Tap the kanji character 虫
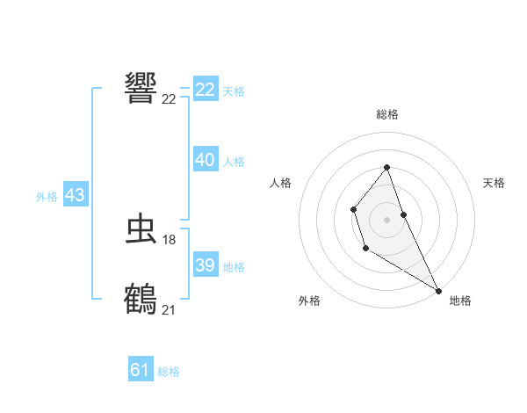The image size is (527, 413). click(x=141, y=230)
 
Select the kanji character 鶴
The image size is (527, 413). click(x=141, y=300)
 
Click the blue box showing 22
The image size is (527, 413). click(x=206, y=90)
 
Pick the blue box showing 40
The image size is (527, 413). click(x=206, y=160)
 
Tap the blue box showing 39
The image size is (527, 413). click(x=206, y=265)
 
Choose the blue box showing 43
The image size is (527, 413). click(x=75, y=195)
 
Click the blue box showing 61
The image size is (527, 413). click(x=141, y=370)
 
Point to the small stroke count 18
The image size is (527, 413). click(x=170, y=240)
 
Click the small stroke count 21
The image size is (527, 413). click(x=170, y=309)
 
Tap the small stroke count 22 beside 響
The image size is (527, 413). click(x=170, y=98)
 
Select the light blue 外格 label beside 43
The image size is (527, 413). click(x=47, y=197)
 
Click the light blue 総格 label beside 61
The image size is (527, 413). click(x=169, y=372)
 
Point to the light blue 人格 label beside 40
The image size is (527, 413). click(x=234, y=162)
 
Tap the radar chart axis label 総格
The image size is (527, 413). click(x=387, y=114)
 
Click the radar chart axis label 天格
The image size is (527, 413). click(x=495, y=183)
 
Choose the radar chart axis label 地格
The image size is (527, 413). click(x=460, y=301)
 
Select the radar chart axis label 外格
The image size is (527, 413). click(x=309, y=301)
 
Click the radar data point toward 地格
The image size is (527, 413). click(x=438, y=290)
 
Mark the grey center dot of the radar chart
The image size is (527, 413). click(x=387, y=219)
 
